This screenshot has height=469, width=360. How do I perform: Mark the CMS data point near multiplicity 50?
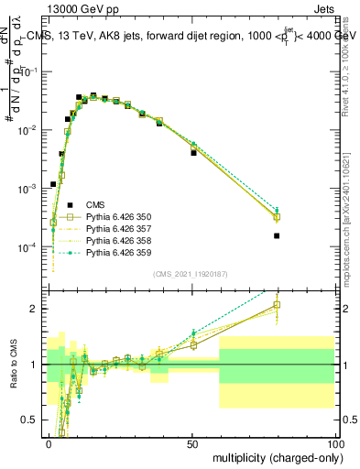[193, 153]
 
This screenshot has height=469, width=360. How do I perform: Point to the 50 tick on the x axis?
[193, 442]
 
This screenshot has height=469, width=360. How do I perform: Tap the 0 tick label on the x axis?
[49, 442]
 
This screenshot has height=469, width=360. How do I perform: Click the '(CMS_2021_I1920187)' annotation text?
[190, 274]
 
